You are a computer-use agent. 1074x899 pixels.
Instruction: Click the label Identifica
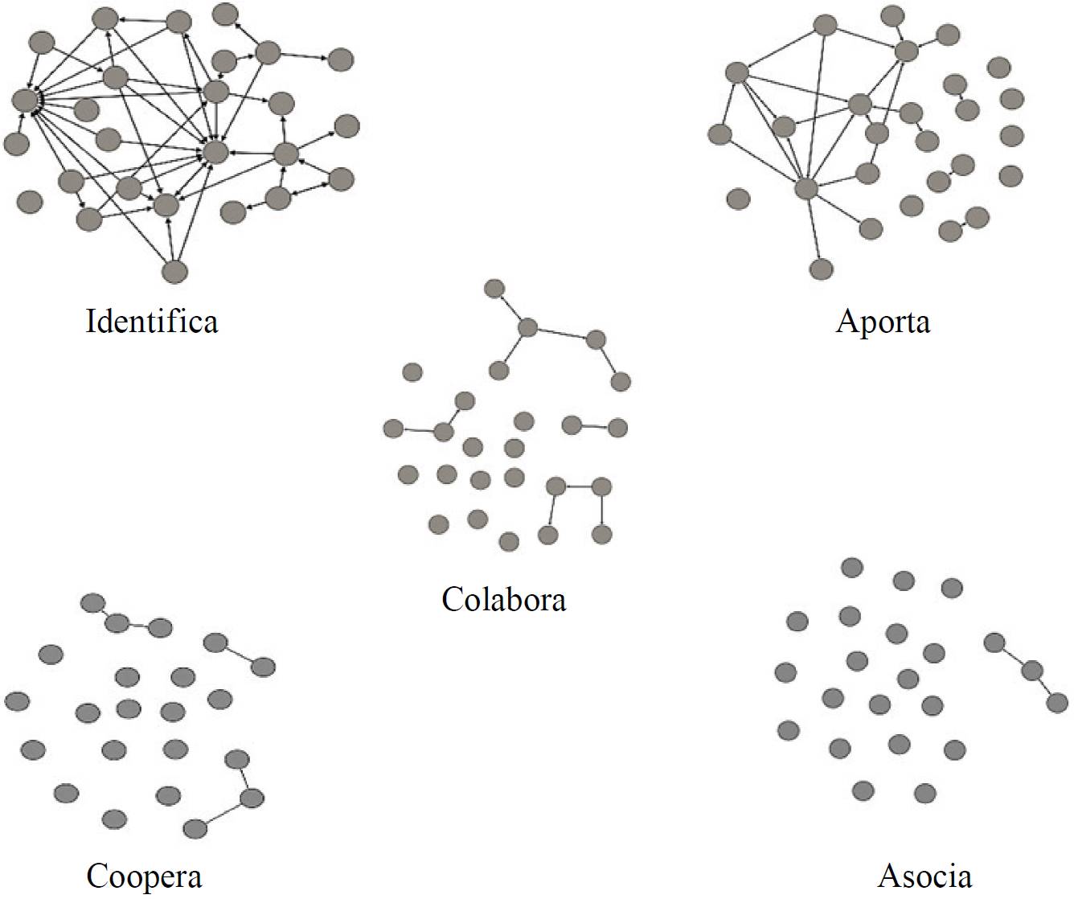(x=152, y=321)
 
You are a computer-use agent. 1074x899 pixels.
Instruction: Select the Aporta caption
(x=883, y=321)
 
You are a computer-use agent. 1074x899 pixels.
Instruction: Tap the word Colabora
(x=503, y=599)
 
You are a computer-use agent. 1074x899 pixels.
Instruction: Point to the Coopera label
(x=144, y=876)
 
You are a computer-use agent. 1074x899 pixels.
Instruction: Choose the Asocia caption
(x=924, y=876)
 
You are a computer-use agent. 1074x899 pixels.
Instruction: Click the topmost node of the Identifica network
(x=227, y=14)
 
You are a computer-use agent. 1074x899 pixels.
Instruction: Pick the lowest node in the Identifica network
(x=174, y=272)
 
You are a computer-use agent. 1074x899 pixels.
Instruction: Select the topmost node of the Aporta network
(x=892, y=15)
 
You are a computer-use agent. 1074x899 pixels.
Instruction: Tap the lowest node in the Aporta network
(x=821, y=269)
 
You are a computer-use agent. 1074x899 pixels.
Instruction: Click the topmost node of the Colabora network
(x=495, y=289)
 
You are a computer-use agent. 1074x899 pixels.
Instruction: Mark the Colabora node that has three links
(x=527, y=328)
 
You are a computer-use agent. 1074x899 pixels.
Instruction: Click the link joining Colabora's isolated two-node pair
(x=594, y=426)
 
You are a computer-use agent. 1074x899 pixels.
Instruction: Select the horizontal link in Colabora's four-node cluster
(x=578, y=486)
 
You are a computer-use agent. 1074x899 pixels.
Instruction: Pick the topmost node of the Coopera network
(x=93, y=602)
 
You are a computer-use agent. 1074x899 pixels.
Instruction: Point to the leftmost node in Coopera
(x=17, y=701)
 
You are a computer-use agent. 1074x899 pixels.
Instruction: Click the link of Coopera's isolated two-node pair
(x=239, y=655)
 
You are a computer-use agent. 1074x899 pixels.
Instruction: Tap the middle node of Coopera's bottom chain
(x=252, y=798)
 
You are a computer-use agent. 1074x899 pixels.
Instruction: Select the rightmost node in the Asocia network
(x=1057, y=703)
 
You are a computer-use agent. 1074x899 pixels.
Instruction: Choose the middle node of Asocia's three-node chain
(x=1031, y=671)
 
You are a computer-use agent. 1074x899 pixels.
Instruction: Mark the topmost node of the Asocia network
(x=851, y=568)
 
